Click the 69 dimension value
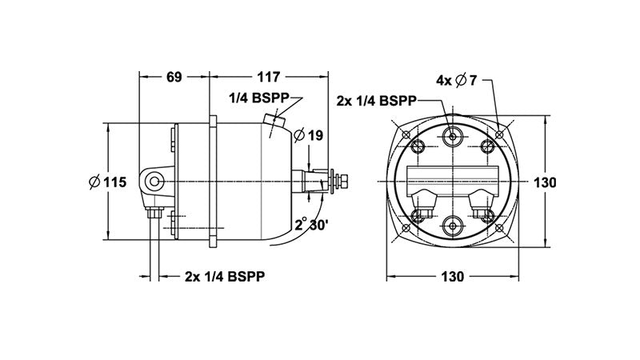coord(174,78)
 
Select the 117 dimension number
coord(269,78)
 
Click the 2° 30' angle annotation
coord(312,225)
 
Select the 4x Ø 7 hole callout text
coord(457,80)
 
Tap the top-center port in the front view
coord(454,137)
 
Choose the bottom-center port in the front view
coord(454,226)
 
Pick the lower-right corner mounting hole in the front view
coord(501,230)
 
